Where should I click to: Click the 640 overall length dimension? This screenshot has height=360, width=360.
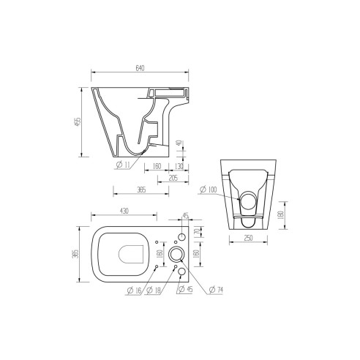tap(140, 68)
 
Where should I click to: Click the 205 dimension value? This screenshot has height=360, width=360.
tap(173, 178)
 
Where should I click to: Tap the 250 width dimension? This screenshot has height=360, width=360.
tap(250, 239)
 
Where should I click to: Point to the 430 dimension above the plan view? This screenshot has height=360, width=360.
tap(124, 211)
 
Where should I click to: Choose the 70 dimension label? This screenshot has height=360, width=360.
tap(198, 233)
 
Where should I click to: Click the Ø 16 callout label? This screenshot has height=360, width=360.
tap(134, 291)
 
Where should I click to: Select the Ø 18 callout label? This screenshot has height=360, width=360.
tap(153, 291)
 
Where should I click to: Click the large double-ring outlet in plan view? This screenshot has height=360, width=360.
tap(176, 254)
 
